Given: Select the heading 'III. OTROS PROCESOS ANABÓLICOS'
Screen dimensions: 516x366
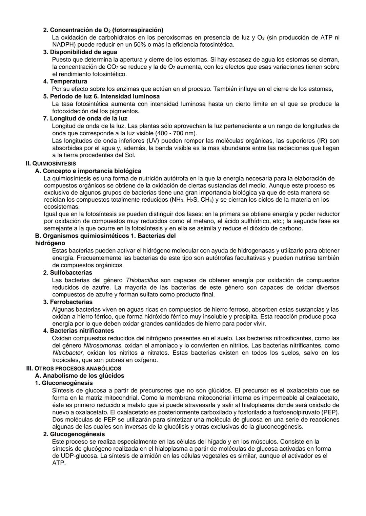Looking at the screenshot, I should point(74,368).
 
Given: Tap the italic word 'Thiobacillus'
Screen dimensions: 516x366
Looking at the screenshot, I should point(142,280).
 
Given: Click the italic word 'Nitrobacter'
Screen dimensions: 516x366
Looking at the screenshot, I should point(67,353).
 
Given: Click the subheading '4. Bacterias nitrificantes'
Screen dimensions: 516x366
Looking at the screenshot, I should point(78,331).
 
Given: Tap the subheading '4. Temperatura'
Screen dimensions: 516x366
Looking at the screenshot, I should point(65,82).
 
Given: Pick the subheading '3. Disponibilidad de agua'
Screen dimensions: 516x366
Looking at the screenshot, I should point(80,52).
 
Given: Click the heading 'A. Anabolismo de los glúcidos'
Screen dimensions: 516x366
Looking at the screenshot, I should point(80,376).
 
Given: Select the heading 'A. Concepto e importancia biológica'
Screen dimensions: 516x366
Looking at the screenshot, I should point(88,171).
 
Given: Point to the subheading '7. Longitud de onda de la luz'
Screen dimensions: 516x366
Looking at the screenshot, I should point(85,118).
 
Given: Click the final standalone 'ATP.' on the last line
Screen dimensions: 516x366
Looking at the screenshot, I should point(59,463).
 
